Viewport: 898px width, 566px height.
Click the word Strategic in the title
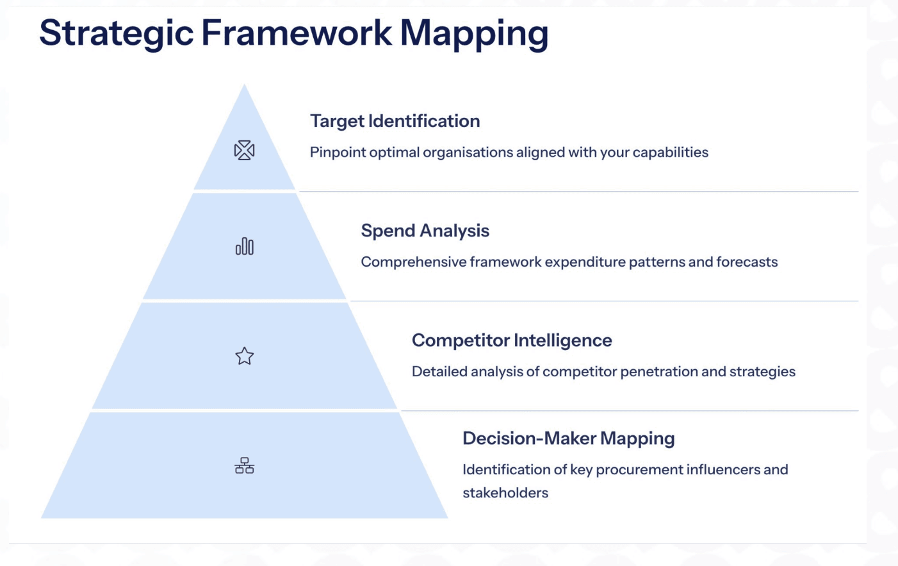117,34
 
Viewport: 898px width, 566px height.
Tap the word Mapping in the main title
474,34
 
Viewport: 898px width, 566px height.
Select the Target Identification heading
395,121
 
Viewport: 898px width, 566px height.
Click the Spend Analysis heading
425,231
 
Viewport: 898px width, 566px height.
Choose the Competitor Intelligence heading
512,340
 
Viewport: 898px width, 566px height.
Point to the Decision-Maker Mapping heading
569,438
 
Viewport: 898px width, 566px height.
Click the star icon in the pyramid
245,356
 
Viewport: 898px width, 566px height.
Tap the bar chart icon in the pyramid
245,246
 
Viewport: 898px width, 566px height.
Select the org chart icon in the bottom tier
245,465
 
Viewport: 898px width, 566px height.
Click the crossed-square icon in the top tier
245,151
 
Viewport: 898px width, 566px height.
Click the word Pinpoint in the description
338,153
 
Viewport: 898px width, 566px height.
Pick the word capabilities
671,153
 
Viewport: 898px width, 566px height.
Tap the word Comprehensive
413,262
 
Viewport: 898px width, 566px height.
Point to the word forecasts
747,262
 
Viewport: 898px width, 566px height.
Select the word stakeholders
505,493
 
